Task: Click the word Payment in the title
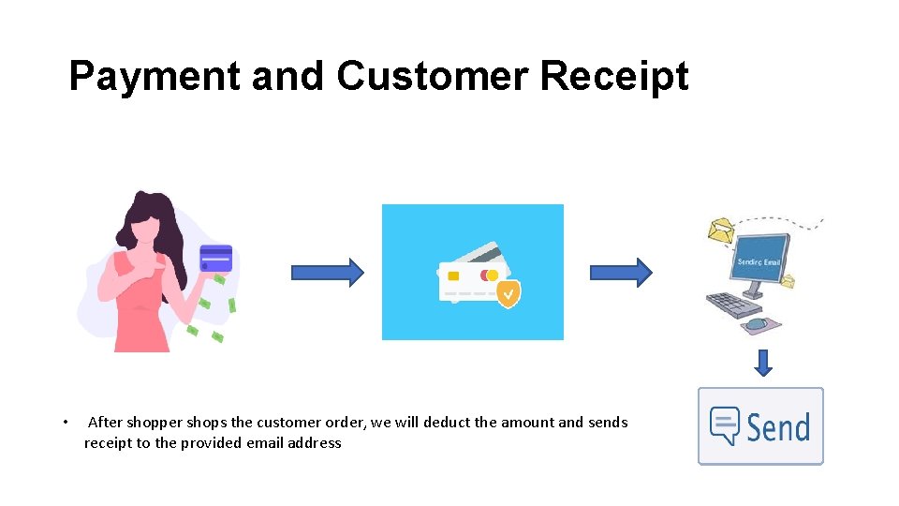(155, 77)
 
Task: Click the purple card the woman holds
(216, 256)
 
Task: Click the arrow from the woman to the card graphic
(327, 272)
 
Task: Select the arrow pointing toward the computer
(620, 272)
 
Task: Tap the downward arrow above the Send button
(763, 363)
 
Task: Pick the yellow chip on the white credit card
(453, 275)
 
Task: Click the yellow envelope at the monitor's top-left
(721, 230)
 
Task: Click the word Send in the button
(778, 427)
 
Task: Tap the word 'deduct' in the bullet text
(447, 422)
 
